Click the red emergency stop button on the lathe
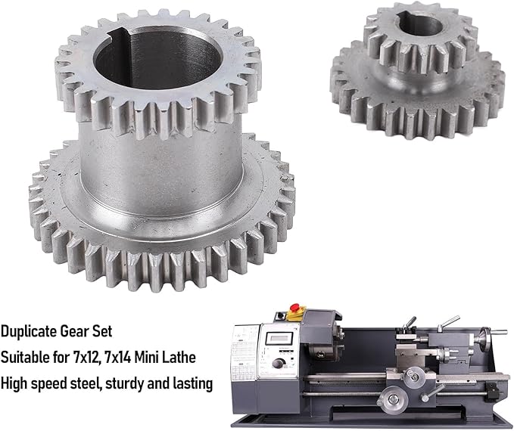295,307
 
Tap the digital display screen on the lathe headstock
279,338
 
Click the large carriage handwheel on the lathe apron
392,400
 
